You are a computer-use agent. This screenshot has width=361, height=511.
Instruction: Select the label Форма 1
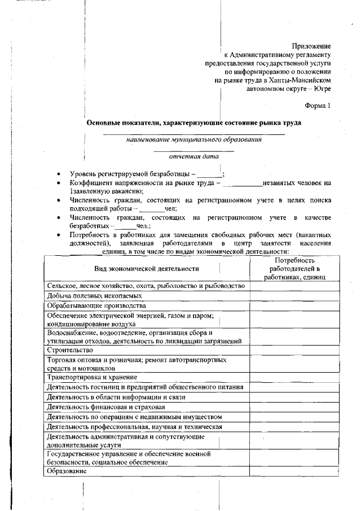pyautogui.click(x=318, y=106)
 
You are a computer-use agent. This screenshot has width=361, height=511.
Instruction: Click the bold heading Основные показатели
pyautogui.click(x=193, y=123)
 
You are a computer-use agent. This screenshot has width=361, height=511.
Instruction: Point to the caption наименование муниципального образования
pyautogui.click(x=193, y=139)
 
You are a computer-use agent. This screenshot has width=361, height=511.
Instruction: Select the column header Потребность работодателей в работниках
pyautogui.click(x=293, y=268)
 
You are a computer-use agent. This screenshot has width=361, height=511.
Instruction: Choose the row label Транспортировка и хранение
pyautogui.click(x=92, y=377)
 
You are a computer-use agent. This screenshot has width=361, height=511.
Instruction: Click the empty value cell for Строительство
pyautogui.click(x=293, y=350)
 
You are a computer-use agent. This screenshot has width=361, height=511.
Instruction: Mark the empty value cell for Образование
pyautogui.click(x=293, y=471)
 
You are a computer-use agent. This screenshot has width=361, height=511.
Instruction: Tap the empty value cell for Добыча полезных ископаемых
pyautogui.click(x=293, y=295)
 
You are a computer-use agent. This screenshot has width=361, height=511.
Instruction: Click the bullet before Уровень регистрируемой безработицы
pyautogui.click(x=60, y=174)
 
